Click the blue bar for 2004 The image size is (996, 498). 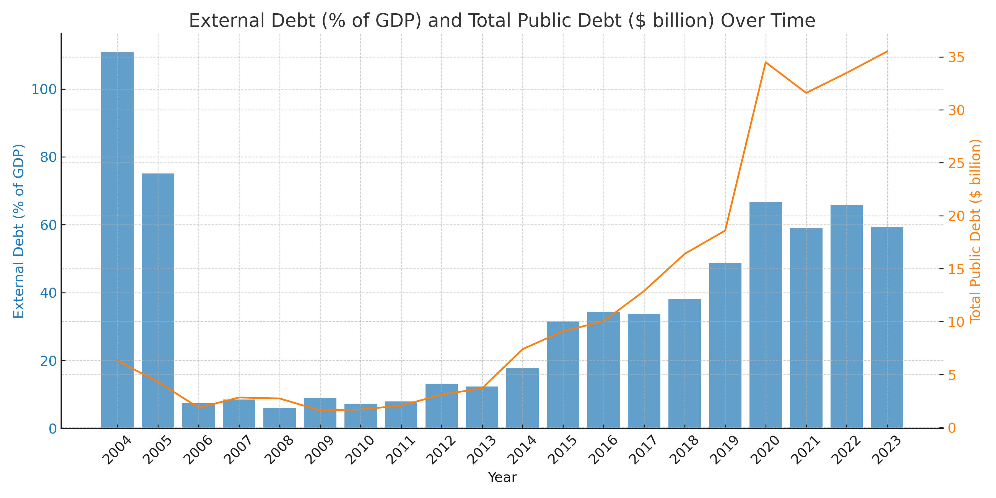(x=118, y=240)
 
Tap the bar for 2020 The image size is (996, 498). (x=766, y=315)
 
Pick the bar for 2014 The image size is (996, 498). (x=522, y=398)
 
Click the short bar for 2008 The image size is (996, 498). (x=279, y=418)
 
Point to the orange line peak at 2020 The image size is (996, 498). (x=766, y=62)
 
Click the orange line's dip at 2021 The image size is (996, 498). (x=806, y=93)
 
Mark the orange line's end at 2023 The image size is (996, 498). (x=887, y=51)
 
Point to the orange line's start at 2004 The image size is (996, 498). (x=118, y=361)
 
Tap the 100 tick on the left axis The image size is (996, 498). (x=44, y=89)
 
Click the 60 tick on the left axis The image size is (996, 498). (x=48, y=225)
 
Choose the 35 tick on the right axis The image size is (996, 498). (x=956, y=57)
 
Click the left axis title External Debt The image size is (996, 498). (x=19, y=231)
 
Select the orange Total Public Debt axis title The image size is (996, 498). (x=975, y=231)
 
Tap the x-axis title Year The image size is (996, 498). (x=502, y=478)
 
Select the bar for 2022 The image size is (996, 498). (x=846, y=317)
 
